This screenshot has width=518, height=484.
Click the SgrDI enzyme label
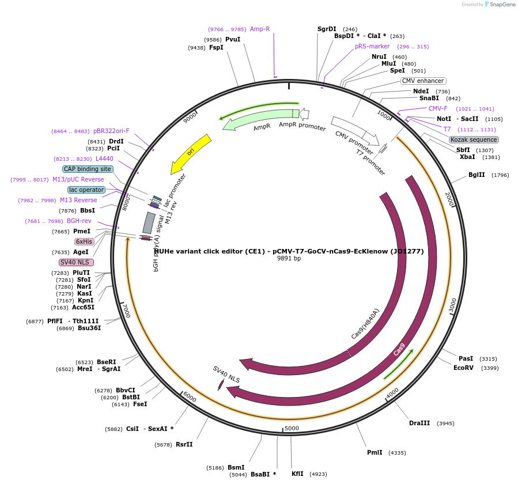(327, 29)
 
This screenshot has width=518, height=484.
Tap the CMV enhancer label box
(423, 81)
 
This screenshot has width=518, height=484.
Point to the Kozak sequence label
(474, 139)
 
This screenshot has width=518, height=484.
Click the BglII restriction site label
(477, 175)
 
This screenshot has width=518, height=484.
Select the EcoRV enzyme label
(463, 368)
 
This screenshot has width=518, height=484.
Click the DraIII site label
(419, 423)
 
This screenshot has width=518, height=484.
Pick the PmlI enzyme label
(375, 452)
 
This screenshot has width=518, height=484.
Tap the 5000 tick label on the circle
(292, 428)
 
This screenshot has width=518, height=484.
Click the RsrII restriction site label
(184, 444)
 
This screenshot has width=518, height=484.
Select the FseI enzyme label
(140, 404)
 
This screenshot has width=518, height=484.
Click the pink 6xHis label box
(84, 241)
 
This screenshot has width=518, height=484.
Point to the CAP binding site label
(88, 169)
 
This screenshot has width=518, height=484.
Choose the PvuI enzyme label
(233, 39)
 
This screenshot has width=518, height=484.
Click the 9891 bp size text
(289, 258)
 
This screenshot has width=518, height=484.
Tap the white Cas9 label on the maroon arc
(399, 350)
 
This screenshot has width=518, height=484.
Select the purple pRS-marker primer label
(372, 46)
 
